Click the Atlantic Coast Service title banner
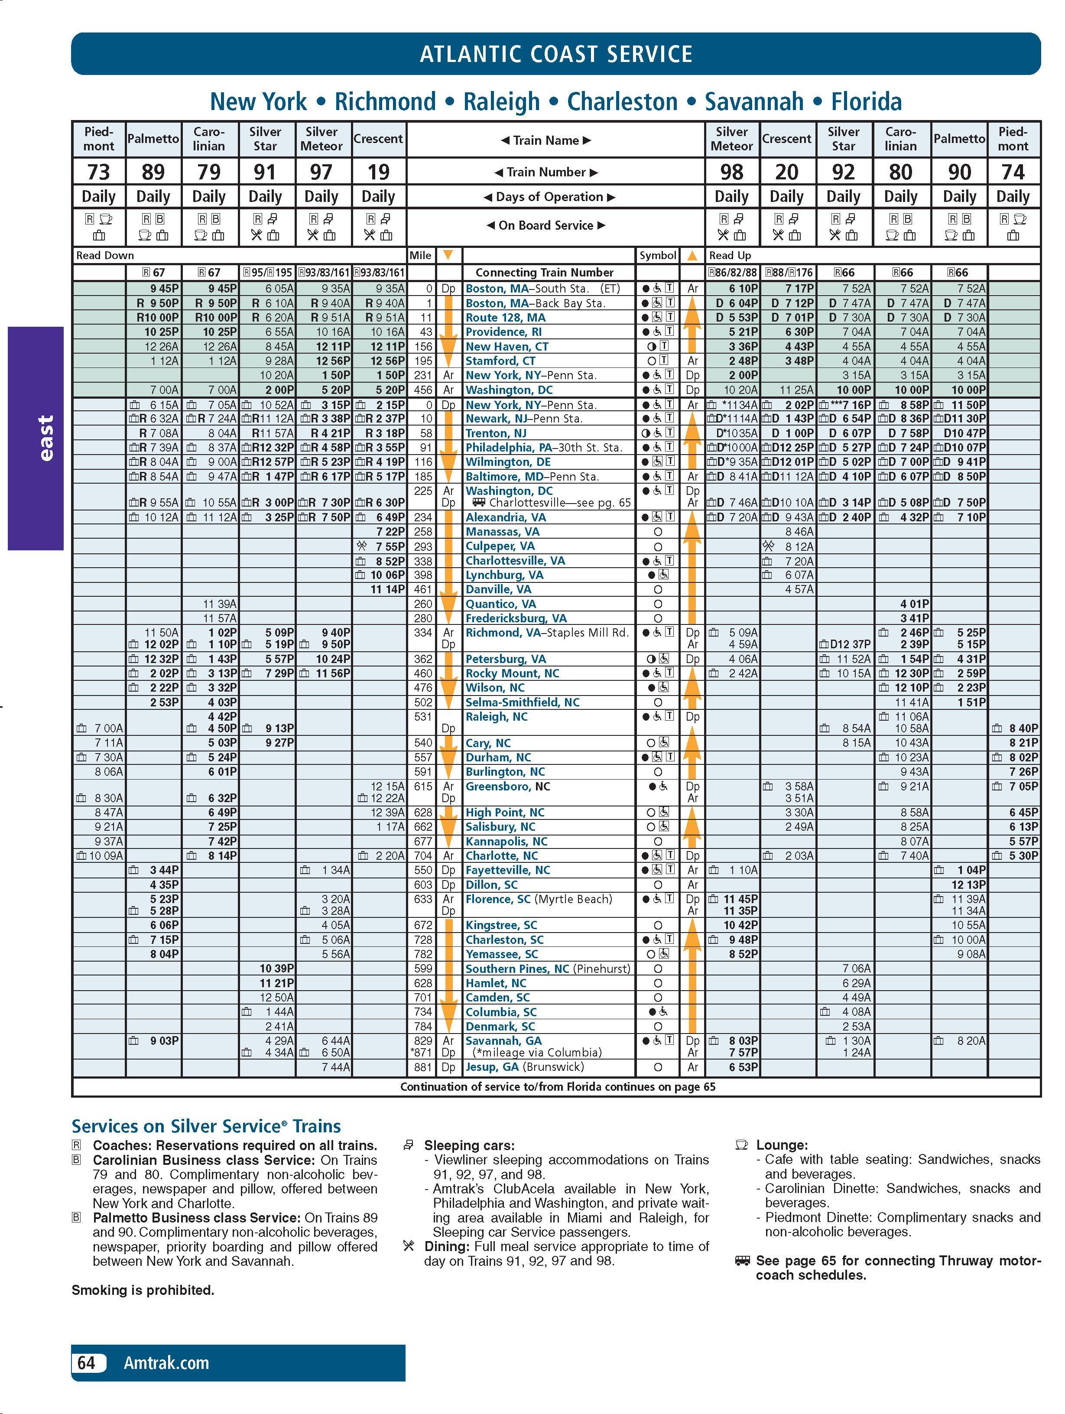point(555,54)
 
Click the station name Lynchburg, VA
point(504,575)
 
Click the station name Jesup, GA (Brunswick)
point(524,1067)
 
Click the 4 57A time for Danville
point(799,589)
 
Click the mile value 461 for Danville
point(423,589)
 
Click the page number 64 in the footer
point(86,1363)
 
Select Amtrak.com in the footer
point(166,1363)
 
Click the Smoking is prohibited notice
point(143,1290)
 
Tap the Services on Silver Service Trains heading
point(206,1126)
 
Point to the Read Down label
point(105,256)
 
